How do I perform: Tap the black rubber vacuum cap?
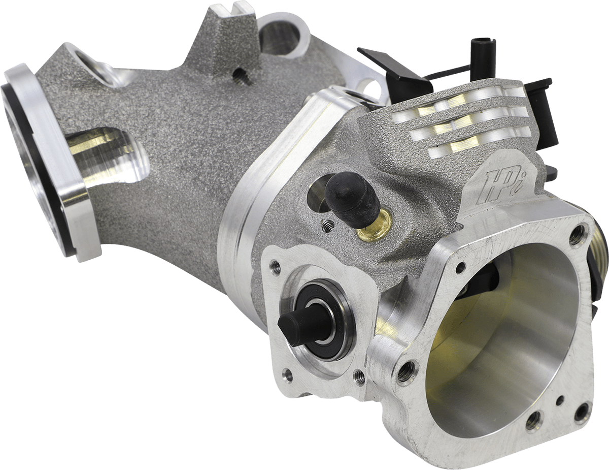(353, 195)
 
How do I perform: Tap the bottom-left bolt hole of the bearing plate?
(288, 375)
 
